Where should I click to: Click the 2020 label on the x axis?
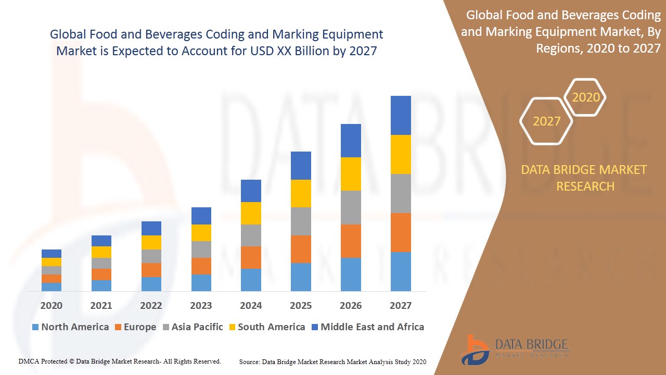[x=51, y=305]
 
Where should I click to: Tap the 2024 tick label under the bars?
[x=251, y=305]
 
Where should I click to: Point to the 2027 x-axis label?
[x=400, y=305]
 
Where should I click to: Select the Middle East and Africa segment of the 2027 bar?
[x=401, y=115]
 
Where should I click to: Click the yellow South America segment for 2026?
[x=351, y=174]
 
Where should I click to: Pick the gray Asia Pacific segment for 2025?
[x=301, y=221]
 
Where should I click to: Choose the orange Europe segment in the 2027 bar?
[x=401, y=232]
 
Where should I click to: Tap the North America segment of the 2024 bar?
[x=251, y=280]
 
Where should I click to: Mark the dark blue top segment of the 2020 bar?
[x=52, y=254]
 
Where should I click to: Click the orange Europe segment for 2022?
[x=151, y=270]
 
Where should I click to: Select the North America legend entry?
[x=70, y=327]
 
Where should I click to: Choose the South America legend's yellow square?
[x=232, y=327]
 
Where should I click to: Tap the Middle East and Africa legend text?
[x=372, y=327]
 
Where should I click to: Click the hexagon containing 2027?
[x=546, y=121]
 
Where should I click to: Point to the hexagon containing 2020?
[x=586, y=97]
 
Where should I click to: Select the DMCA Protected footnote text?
[x=120, y=361]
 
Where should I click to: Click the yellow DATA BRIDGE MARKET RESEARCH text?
[x=585, y=178]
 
